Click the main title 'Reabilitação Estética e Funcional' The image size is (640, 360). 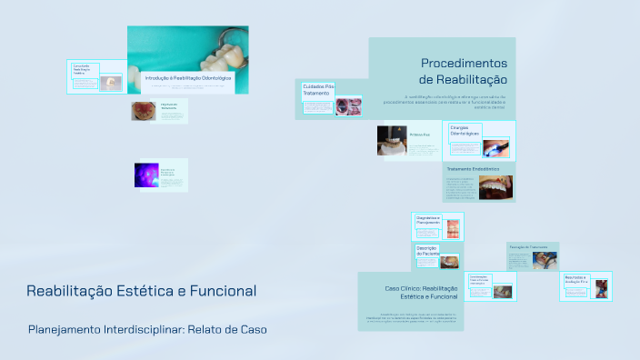(141, 291)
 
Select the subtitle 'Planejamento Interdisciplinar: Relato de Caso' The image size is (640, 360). (147, 328)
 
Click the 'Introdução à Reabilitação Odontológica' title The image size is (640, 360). (188, 79)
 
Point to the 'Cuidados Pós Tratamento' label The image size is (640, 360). (318, 89)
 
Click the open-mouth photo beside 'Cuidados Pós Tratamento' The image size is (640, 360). (348, 106)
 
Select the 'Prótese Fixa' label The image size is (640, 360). (419, 135)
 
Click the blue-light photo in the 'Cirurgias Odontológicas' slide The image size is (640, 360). (495, 146)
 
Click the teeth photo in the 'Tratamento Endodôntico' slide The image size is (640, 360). (495, 187)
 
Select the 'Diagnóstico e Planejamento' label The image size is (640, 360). (428, 221)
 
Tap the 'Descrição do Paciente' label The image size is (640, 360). (427, 251)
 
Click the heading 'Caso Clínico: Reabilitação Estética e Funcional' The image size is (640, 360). (421, 292)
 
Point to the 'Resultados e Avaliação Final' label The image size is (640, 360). (577, 279)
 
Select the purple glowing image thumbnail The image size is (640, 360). (146, 175)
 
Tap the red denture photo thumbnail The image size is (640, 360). (144, 111)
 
